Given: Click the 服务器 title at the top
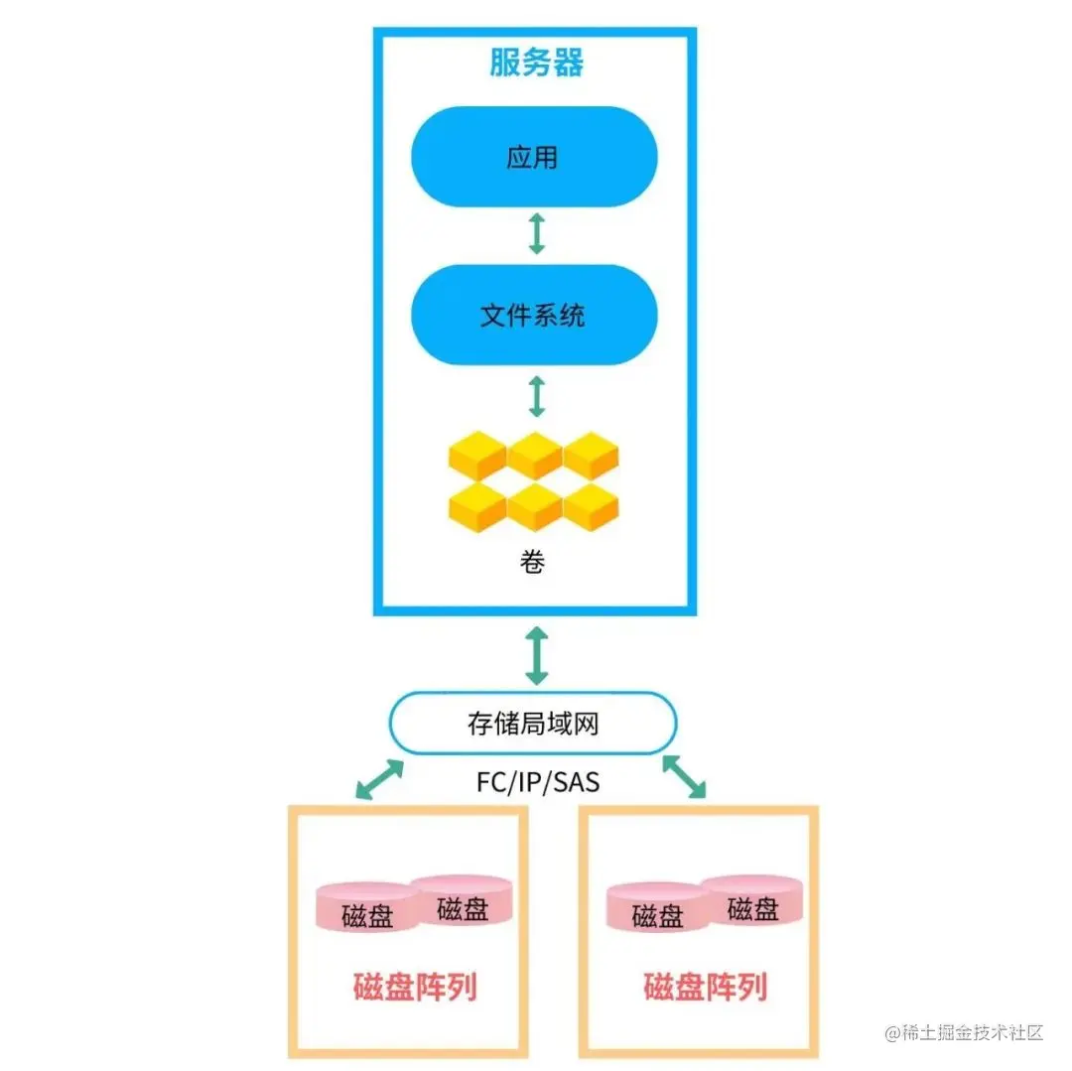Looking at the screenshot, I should pos(536,62).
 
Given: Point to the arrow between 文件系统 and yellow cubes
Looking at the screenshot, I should pos(537,395).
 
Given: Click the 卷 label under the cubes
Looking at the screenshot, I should pos(532,564).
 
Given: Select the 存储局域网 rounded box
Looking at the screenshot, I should pos(533,724).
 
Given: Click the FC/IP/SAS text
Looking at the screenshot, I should pos(537,782).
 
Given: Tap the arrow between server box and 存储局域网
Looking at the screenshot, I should pos(537,655).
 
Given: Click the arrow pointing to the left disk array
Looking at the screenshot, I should pos(379,779).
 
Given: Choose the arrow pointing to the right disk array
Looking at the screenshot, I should pos(684,775).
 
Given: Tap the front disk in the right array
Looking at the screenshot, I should pos(656,911).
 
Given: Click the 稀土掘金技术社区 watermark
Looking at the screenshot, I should pos(965,1032).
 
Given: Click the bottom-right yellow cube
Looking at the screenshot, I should pos(592,508).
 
